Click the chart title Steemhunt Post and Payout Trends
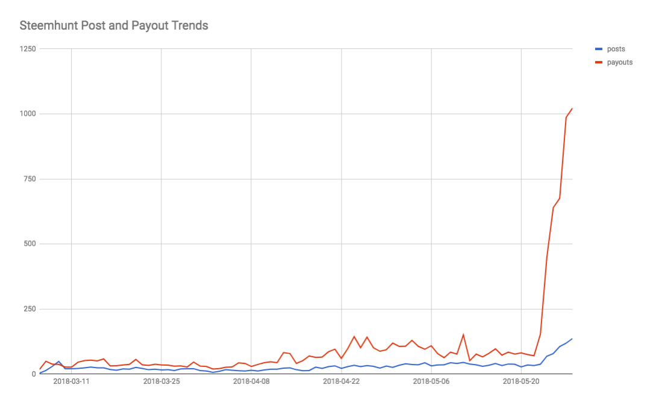pyautogui.click(x=114, y=26)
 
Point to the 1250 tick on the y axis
pyautogui.click(x=28, y=49)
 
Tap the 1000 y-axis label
pyautogui.click(x=28, y=114)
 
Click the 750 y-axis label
pyautogui.click(x=30, y=179)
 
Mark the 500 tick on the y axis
pyautogui.click(x=30, y=244)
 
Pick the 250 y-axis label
pyautogui.click(x=30, y=309)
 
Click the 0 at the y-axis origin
pyautogui.click(x=34, y=374)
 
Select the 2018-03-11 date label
pyautogui.click(x=71, y=381)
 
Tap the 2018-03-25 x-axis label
pyautogui.click(x=161, y=381)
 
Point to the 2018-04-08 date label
pyautogui.click(x=251, y=381)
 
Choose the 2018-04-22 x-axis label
pyautogui.click(x=342, y=381)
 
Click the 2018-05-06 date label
pyautogui.click(x=432, y=381)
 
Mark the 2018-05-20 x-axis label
pyautogui.click(x=522, y=381)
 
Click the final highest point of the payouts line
pyautogui.click(x=572, y=109)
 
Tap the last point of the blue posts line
pyautogui.click(x=572, y=339)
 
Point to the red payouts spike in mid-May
pyautogui.click(x=463, y=334)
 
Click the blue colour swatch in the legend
pyautogui.click(x=599, y=49)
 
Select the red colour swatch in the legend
pyautogui.click(x=599, y=62)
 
